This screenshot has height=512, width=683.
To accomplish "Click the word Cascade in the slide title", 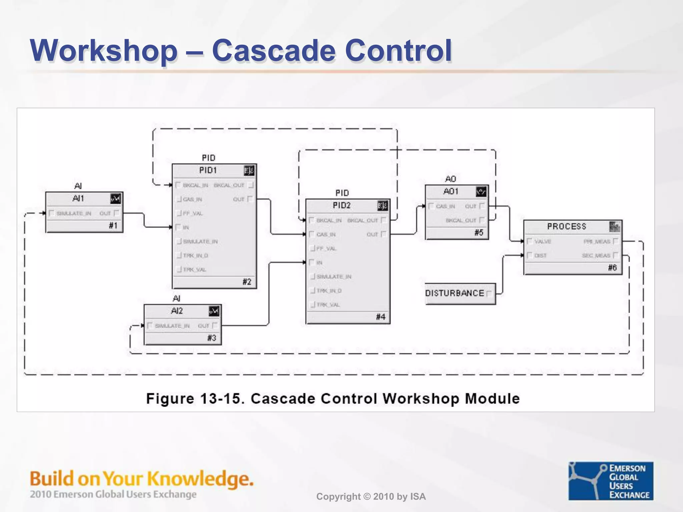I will (x=273, y=51).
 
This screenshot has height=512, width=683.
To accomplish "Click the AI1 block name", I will (x=78, y=199).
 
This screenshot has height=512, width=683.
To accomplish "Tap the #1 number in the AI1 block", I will (x=113, y=226).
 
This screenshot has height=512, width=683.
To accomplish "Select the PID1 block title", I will (x=208, y=170).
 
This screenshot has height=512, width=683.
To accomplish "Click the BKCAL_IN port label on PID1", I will (x=195, y=185).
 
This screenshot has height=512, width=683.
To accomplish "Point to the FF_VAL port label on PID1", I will (x=193, y=213).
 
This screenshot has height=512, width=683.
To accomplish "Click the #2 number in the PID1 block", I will (x=247, y=282).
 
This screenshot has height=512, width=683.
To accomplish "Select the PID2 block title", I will (x=341, y=206).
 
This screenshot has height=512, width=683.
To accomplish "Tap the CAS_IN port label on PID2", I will (x=326, y=235).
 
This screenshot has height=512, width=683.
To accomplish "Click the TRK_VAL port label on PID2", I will (x=328, y=305).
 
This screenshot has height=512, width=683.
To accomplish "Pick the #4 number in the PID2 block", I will (x=381, y=317).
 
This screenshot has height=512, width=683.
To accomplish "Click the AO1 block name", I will (x=451, y=191).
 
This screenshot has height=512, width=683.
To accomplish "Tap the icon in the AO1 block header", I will (x=481, y=192).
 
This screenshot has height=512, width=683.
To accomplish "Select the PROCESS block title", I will (x=566, y=227).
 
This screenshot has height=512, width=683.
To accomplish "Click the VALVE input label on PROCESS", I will (x=543, y=241).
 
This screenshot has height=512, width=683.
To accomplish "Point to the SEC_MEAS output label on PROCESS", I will (x=596, y=256).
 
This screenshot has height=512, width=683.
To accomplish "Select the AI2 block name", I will (x=177, y=311).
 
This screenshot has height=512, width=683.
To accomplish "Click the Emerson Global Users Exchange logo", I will (x=611, y=481).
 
